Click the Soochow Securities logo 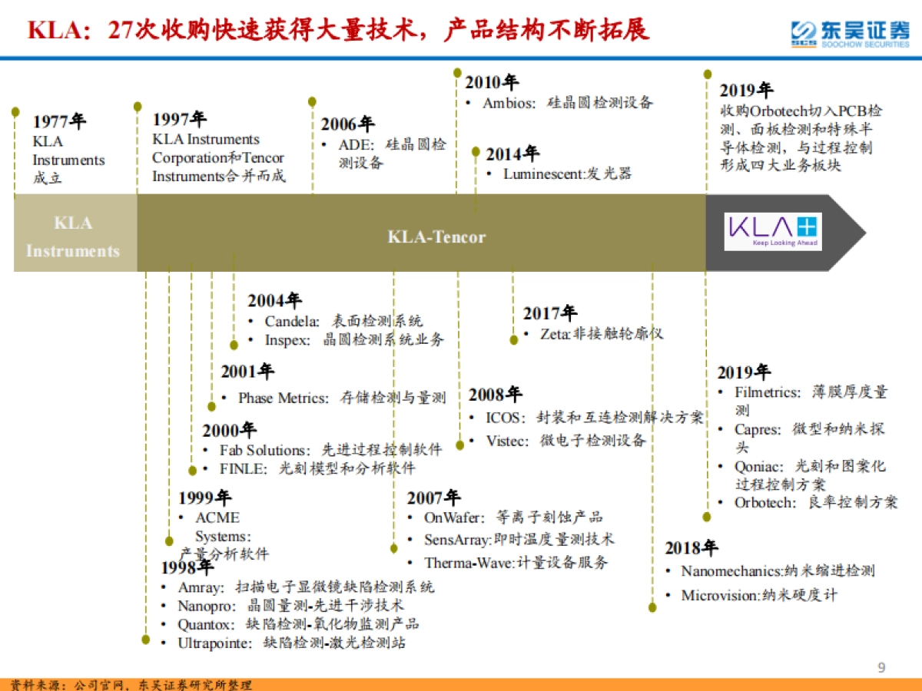point(850,32)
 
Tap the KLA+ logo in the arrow point(773,231)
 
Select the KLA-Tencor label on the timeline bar point(436,236)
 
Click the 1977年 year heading point(59,122)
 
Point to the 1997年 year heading point(179,119)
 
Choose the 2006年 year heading point(347,124)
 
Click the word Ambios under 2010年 point(509,103)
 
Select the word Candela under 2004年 point(292,321)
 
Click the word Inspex point(287,339)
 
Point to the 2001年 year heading point(247,372)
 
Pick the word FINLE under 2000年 point(243,468)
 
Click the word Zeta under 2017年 point(555,333)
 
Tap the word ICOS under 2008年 point(503,418)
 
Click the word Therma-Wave point(468,563)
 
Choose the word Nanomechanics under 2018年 point(731,570)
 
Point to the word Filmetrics point(768,392)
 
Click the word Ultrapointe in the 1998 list point(214,643)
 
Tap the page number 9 point(881,667)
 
